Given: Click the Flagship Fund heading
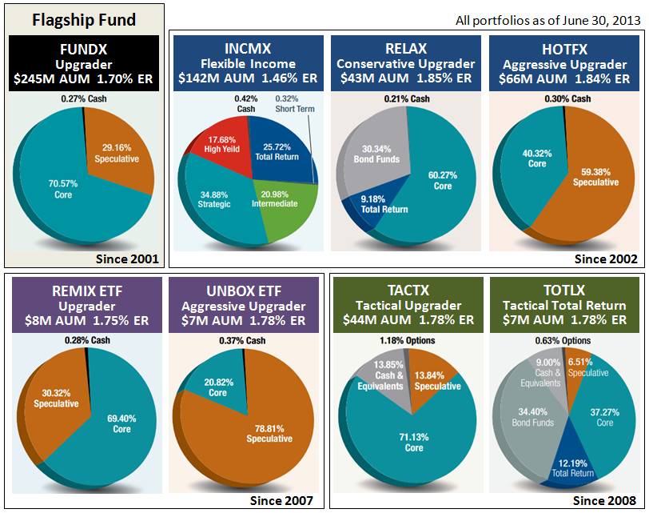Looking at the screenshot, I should coord(85,20).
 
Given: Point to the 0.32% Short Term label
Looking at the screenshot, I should coord(294,103).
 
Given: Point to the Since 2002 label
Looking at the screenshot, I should coord(606,259).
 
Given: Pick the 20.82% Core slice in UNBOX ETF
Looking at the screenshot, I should coord(217,388).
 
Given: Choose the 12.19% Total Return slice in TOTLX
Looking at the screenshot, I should coord(572,466).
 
